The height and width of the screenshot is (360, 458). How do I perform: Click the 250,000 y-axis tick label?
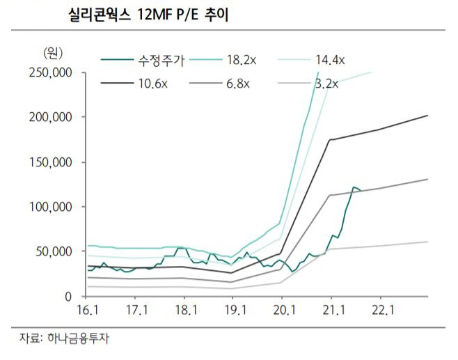click(x=51, y=72)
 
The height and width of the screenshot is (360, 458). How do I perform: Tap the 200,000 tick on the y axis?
click(x=51, y=118)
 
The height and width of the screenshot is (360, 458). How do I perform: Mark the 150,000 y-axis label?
click(x=51, y=162)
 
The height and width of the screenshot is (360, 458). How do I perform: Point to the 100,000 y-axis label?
click(x=51, y=207)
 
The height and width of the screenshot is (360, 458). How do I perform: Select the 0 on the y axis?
click(x=68, y=297)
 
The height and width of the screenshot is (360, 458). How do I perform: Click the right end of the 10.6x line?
click(x=427, y=116)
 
